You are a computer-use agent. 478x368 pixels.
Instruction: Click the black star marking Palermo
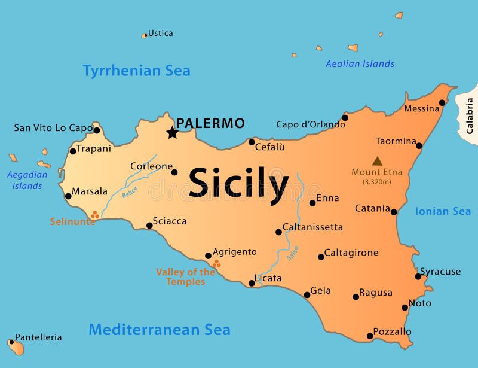pyautogui.click(x=172, y=133)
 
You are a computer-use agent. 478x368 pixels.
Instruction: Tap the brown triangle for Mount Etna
pyautogui.click(x=377, y=161)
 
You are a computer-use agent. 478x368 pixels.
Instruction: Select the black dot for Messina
pyautogui.click(x=442, y=102)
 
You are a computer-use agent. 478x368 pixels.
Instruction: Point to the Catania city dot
pyautogui.click(x=394, y=212)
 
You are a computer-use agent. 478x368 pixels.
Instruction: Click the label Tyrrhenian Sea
pyautogui.click(x=136, y=71)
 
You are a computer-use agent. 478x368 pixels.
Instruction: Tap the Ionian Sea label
pyautogui.click(x=443, y=211)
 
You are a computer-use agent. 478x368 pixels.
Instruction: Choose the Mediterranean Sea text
pyautogui.click(x=160, y=330)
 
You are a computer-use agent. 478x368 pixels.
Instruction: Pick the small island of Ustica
pyautogui.click(x=144, y=35)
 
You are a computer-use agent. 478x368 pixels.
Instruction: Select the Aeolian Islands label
pyautogui.click(x=360, y=63)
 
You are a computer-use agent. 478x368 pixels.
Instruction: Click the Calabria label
pyautogui.click(x=470, y=115)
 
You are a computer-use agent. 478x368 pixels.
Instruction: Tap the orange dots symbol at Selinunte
pyautogui.click(x=94, y=214)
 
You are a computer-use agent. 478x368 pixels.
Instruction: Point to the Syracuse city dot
pyautogui.click(x=418, y=276)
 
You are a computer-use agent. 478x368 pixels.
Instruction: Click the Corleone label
pyautogui.click(x=151, y=166)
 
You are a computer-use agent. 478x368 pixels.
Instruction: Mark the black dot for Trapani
pyautogui.click(x=73, y=151)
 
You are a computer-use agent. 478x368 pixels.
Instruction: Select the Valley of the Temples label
pyautogui.click(x=185, y=276)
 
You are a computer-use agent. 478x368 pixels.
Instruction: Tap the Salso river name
pyautogui.click(x=292, y=253)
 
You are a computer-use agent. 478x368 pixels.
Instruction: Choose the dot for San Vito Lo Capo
pyautogui.click(x=97, y=130)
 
